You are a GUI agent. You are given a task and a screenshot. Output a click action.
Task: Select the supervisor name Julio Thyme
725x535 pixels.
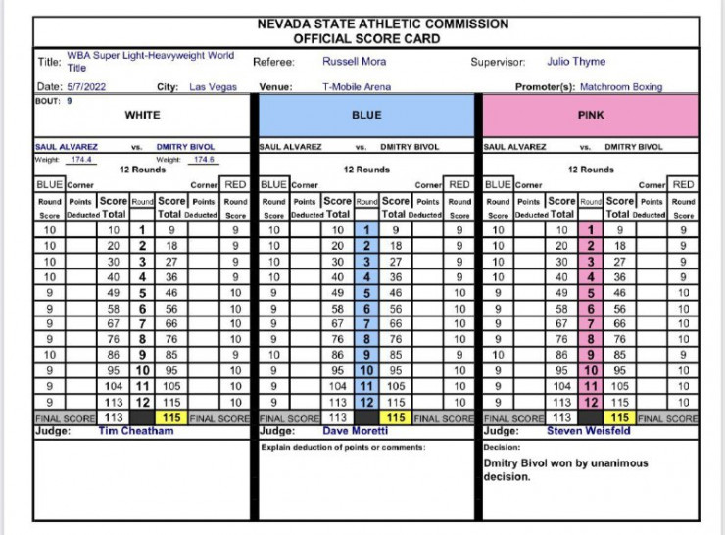576,62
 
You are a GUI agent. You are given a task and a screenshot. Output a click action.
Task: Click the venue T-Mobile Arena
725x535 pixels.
357,87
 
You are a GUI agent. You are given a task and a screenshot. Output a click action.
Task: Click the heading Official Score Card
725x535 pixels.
369,38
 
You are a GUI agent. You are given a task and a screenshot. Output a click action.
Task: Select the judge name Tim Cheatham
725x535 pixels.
135,431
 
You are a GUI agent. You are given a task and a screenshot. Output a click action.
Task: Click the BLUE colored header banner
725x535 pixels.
366,116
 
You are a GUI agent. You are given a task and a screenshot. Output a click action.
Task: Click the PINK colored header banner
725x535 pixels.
591,116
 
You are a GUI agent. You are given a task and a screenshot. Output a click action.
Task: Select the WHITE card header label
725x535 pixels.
142,116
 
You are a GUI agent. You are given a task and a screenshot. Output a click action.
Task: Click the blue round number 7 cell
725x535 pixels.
365,324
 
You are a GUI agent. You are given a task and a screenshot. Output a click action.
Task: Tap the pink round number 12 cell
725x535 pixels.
591,403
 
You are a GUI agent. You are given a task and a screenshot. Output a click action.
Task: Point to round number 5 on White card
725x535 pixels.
142,293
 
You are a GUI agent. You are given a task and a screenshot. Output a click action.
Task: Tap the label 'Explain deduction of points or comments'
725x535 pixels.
343,447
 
